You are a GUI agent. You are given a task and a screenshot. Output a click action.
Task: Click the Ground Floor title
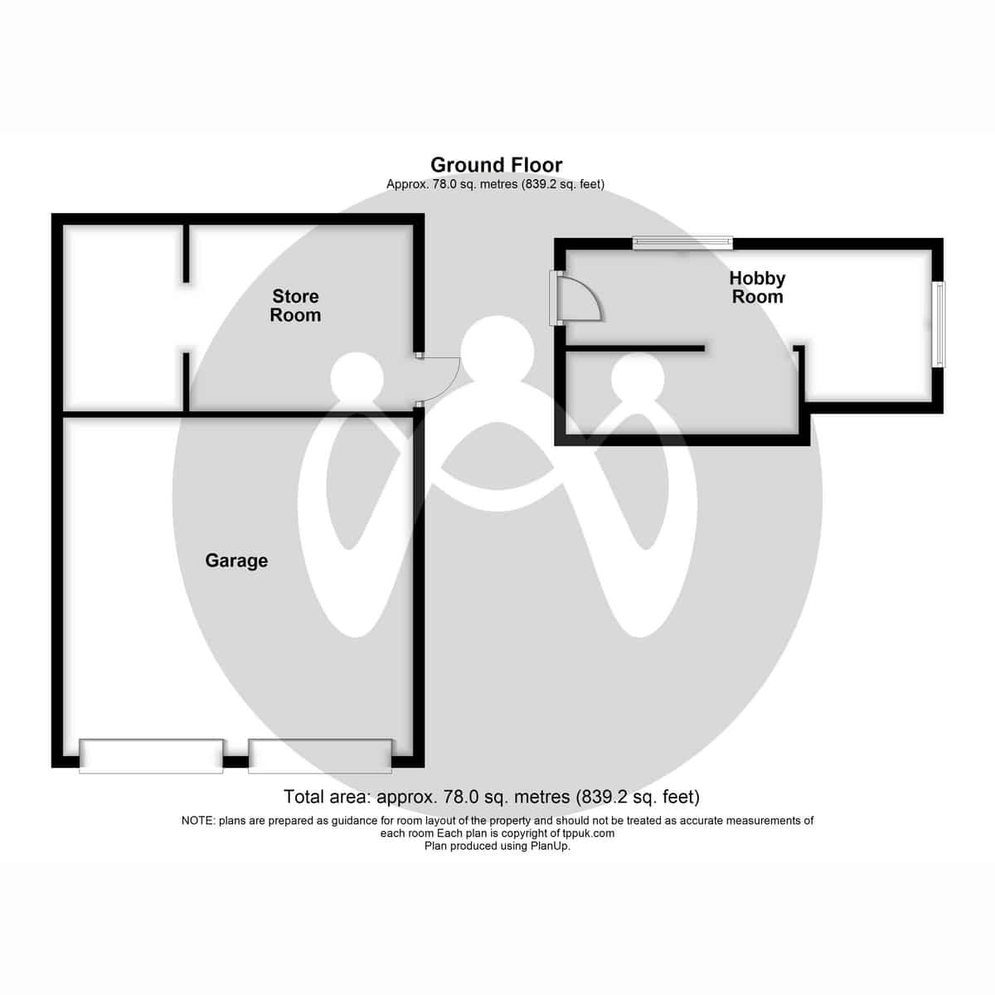pos(496,165)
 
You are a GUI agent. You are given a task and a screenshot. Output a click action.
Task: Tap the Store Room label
pos(295,306)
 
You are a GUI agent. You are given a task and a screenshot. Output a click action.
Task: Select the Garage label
pos(236,561)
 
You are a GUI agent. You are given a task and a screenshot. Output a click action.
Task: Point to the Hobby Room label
pos(757,288)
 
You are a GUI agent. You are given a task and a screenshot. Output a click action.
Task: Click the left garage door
pos(151,756)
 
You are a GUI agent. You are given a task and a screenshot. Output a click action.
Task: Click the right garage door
pos(320,756)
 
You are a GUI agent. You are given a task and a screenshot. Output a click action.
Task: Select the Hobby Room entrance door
pos(577,298)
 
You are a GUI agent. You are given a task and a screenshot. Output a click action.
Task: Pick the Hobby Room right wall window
pos(939,324)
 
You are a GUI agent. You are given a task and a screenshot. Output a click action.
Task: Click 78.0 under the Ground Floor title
pos(443,184)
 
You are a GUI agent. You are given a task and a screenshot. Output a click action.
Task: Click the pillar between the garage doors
pos(235,762)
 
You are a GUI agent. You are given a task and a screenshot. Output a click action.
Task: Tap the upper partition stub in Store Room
pos(186,253)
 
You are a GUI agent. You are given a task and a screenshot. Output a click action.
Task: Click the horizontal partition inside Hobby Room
pos(635,349)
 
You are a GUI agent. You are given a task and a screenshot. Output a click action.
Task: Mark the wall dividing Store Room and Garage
pos(238,414)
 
